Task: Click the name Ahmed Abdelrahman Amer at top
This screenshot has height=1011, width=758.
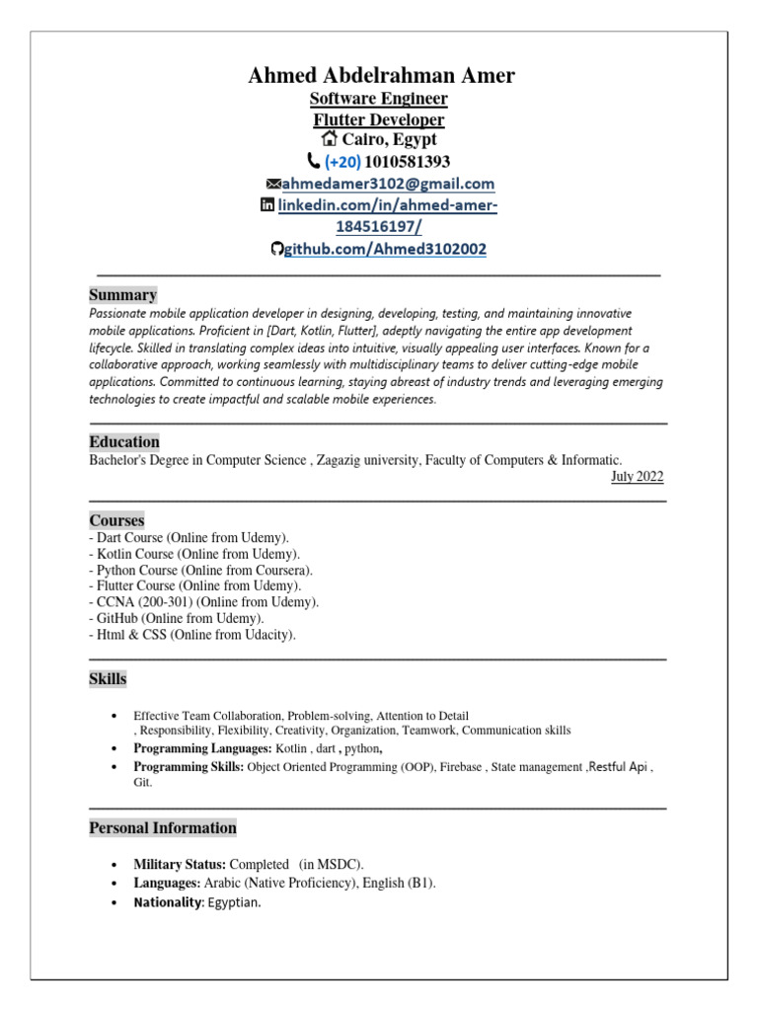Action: click(380, 76)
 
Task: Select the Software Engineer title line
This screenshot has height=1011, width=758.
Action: click(379, 99)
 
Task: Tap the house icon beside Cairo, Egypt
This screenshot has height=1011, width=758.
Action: click(330, 140)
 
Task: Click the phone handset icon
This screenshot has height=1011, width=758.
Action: click(314, 161)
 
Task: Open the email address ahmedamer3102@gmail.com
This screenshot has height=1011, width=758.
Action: click(388, 184)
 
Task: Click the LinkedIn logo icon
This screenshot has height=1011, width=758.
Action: click(266, 205)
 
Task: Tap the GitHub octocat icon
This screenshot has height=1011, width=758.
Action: click(277, 250)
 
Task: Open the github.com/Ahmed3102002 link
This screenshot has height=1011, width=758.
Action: click(385, 250)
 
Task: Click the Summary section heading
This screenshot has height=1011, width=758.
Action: click(122, 294)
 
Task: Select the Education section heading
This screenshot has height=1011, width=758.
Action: click(124, 441)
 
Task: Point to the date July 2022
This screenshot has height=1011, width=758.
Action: click(637, 477)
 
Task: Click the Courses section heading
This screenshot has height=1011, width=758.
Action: click(116, 519)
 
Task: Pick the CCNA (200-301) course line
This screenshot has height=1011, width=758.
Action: click(203, 601)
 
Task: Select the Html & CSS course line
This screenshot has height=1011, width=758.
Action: click(191, 635)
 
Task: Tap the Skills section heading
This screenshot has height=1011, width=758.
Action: click(108, 679)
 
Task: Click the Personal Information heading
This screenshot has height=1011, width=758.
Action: click(163, 827)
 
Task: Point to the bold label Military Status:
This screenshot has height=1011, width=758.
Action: click(180, 864)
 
